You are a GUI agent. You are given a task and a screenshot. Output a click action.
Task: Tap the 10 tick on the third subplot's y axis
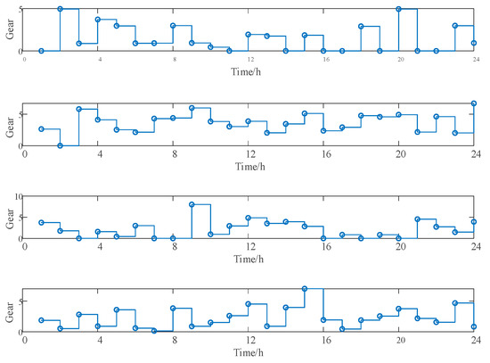pyautogui.click(x=17, y=194)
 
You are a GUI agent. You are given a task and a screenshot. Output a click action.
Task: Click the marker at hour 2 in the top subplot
pyautogui.click(x=60, y=9)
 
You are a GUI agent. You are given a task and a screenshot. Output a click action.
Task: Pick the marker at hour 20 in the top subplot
pyautogui.click(x=398, y=9)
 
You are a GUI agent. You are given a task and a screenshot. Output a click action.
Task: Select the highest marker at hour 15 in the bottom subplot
pyautogui.click(x=305, y=289)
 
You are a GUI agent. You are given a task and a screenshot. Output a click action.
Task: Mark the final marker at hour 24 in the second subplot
pyautogui.click(x=473, y=103)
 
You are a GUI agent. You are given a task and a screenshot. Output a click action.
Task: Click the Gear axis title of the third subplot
pyautogui.click(x=9, y=217)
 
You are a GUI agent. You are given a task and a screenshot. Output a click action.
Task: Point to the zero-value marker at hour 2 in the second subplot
pyautogui.click(x=60, y=145)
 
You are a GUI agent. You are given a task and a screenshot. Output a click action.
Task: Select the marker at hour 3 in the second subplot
pyautogui.click(x=79, y=109)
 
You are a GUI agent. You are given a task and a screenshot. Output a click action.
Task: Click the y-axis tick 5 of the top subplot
pyautogui.click(x=19, y=9)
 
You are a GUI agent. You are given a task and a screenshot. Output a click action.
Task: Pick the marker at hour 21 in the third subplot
pyautogui.click(x=418, y=219)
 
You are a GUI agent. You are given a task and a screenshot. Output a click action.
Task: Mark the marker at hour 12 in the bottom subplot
pyautogui.click(x=249, y=304)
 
